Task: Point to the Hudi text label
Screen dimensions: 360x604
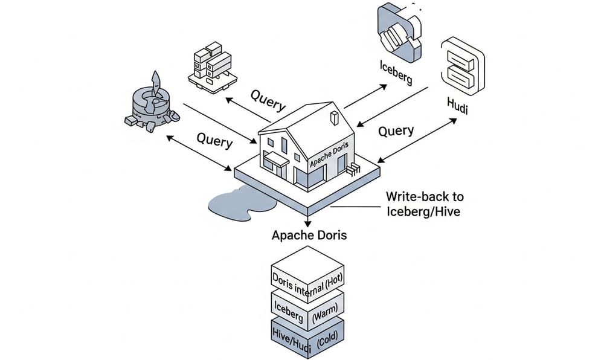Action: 457,104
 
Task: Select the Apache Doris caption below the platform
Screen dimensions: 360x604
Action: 309,235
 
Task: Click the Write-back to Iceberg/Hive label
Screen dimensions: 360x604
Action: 425,204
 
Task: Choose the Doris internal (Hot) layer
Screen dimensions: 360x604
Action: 306,280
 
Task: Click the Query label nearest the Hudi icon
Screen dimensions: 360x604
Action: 396,131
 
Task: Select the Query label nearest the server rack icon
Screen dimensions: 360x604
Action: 268,100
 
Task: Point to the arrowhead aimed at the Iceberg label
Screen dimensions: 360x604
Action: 385,86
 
